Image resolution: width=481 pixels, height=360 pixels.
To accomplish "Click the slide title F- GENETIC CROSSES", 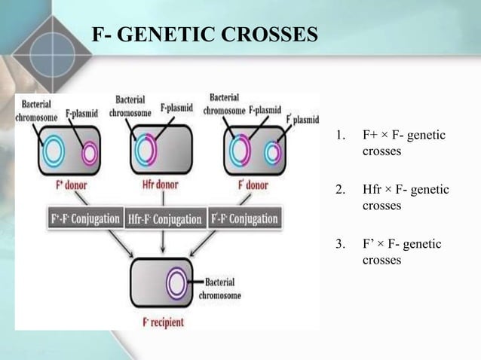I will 204,35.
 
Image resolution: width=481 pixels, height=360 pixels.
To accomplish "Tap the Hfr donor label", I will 162,185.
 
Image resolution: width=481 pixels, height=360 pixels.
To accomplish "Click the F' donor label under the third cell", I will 253,185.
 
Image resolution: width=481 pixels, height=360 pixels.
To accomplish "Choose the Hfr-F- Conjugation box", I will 164,219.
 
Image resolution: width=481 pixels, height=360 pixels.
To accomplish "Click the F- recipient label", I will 163,322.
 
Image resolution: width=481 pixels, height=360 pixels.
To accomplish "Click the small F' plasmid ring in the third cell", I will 271,154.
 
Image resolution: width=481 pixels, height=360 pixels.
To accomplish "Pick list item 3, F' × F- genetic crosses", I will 402,252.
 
